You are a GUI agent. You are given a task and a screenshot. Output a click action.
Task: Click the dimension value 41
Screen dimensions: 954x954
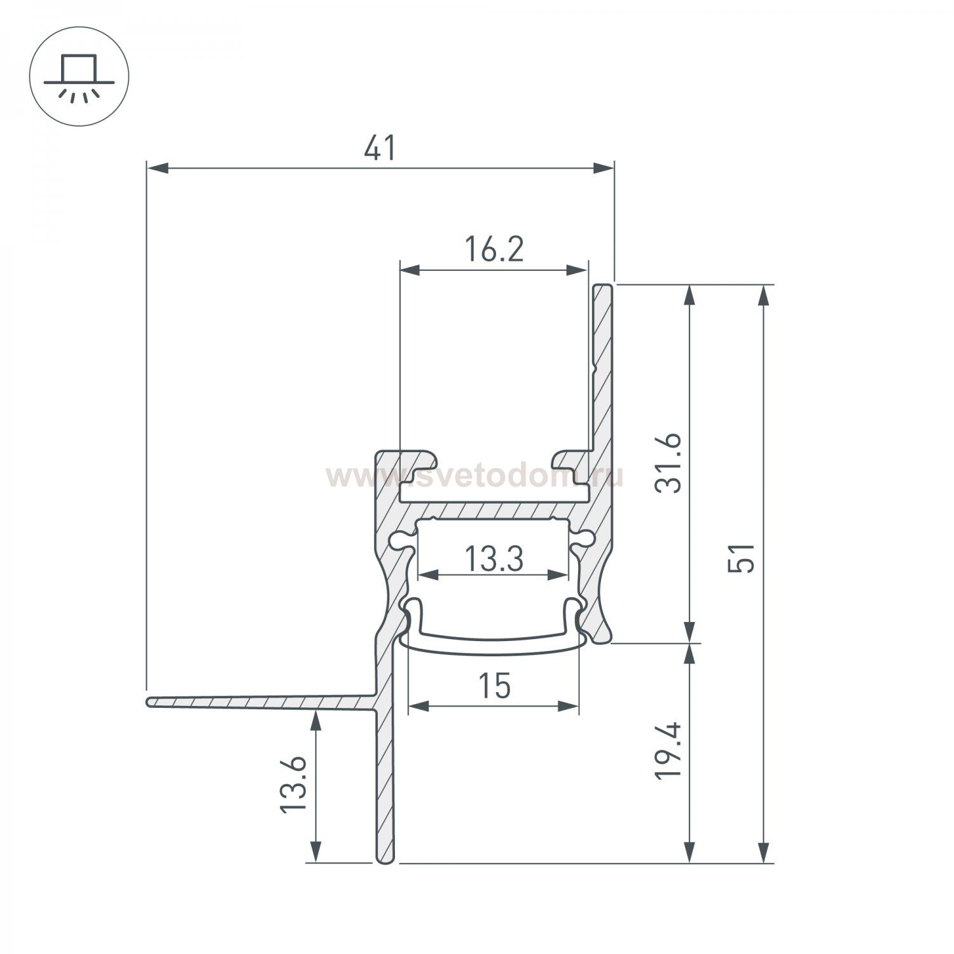click(380, 149)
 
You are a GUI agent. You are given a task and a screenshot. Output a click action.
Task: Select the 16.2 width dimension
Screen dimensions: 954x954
click(494, 250)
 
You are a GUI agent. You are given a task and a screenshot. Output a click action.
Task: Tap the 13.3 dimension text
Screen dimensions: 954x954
click(494, 560)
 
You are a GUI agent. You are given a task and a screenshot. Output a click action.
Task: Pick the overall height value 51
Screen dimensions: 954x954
click(742, 558)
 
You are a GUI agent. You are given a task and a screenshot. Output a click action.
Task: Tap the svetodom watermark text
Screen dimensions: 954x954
click(474, 476)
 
